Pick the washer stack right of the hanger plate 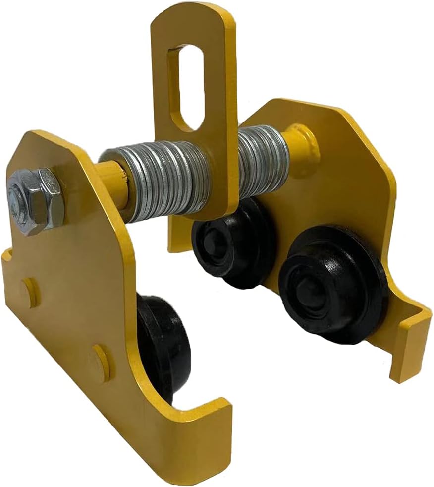[262, 161]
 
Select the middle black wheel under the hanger [233, 243]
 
